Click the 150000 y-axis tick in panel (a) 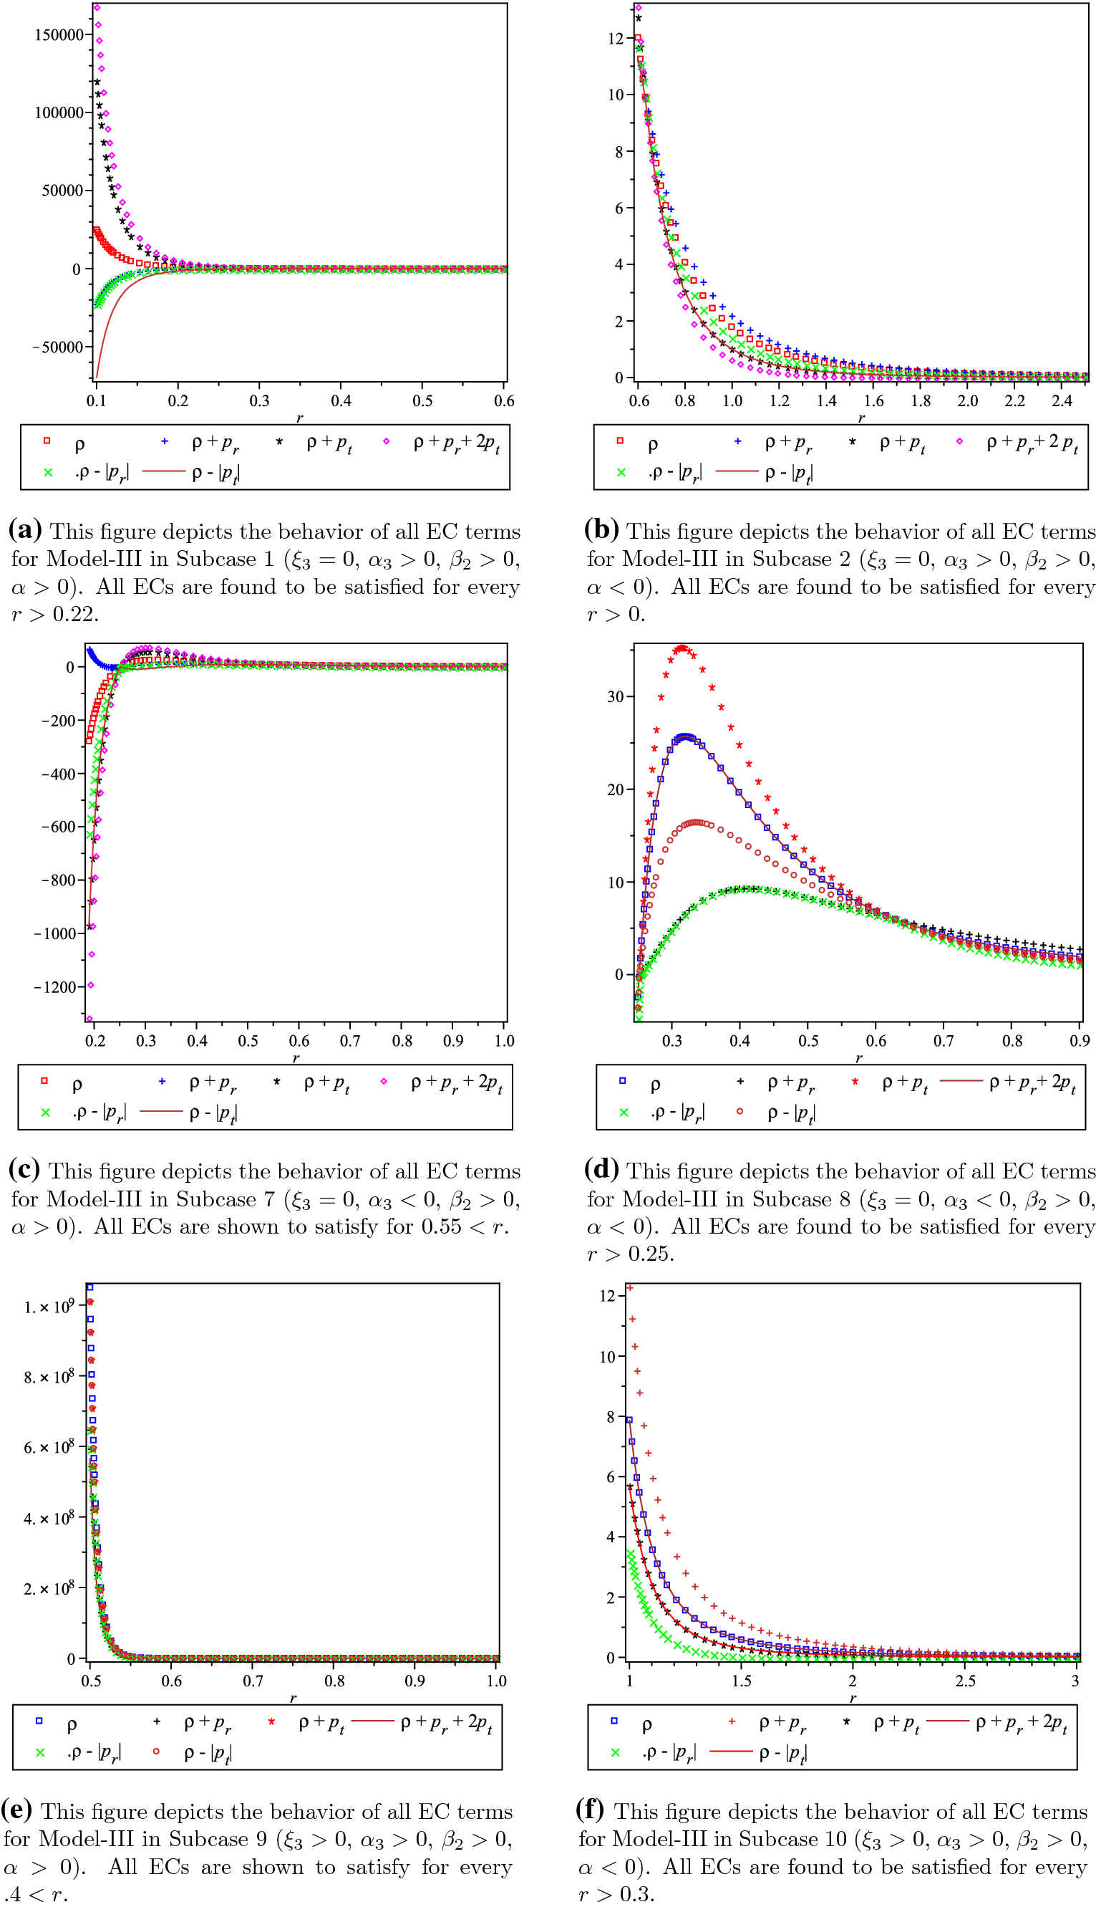click(x=59, y=35)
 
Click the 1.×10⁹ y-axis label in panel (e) click(x=49, y=1307)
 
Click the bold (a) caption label click(x=25, y=530)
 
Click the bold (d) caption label click(x=601, y=1171)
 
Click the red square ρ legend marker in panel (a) click(x=47, y=441)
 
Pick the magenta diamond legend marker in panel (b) click(x=959, y=441)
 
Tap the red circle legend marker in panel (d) click(x=740, y=1112)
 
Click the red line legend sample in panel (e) click(x=372, y=1721)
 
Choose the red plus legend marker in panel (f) click(x=732, y=1721)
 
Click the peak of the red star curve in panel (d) click(x=682, y=648)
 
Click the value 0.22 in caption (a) click(x=75, y=614)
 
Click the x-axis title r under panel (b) click(x=861, y=418)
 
